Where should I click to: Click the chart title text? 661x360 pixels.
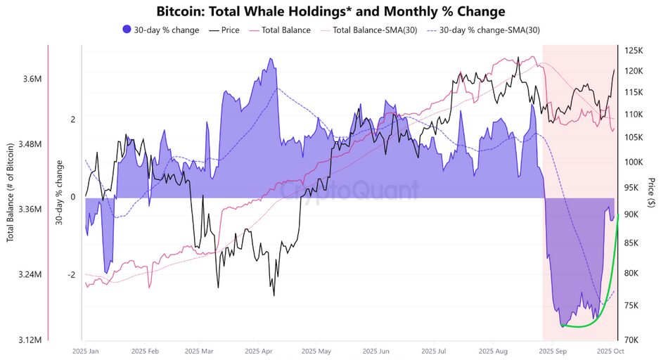pos(330,11)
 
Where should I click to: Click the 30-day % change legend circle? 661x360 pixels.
pos(127,30)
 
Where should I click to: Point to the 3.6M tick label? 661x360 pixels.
pos(32,79)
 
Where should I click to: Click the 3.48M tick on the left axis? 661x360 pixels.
pos(30,144)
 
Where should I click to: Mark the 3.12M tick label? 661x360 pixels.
pos(30,340)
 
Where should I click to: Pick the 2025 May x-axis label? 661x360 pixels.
pos(315,349)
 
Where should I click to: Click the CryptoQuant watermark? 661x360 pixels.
pos(349,191)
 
